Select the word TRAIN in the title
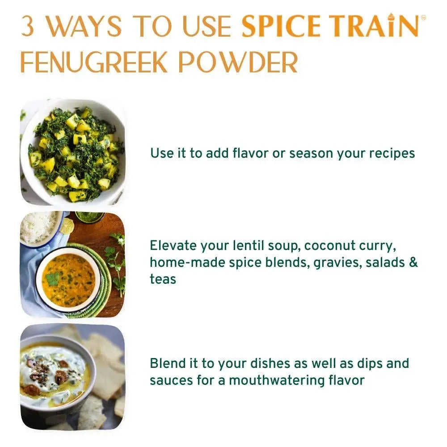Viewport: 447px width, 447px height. (375, 27)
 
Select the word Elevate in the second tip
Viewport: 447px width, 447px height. (173, 245)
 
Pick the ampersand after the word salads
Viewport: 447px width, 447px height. (413, 262)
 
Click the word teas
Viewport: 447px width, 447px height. (163, 279)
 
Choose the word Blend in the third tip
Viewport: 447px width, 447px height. (167, 363)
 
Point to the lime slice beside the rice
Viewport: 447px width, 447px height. (67, 226)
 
